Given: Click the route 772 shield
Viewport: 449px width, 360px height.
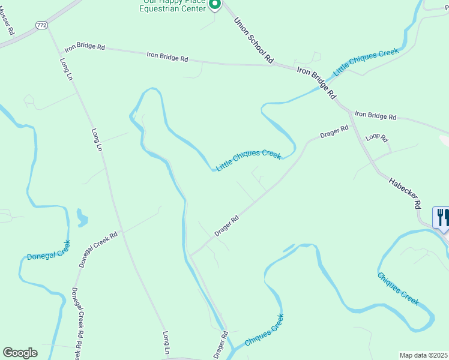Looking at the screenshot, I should point(41,25).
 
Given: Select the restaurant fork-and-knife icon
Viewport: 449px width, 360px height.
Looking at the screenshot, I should point(443,217).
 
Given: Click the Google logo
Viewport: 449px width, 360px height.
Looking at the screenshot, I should point(20,353).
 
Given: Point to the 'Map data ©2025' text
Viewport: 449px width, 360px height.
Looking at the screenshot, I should point(424,355).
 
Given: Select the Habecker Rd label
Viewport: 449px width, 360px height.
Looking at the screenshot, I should point(405,192).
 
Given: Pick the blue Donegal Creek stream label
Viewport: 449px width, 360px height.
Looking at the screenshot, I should point(49,251).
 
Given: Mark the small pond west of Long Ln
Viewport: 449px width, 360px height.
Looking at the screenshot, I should point(82,218).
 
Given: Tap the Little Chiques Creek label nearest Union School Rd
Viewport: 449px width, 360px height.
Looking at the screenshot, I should point(366,62).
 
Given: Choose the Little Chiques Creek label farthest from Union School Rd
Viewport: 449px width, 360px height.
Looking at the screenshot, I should point(249,160).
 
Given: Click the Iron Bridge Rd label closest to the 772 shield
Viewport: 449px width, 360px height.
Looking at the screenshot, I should point(85,47).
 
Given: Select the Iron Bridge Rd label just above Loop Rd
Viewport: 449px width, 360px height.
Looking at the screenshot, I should point(375,115).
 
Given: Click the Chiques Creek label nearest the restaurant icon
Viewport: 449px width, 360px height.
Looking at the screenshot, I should point(398,289).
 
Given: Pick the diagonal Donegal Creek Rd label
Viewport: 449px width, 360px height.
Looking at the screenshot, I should point(97,249).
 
